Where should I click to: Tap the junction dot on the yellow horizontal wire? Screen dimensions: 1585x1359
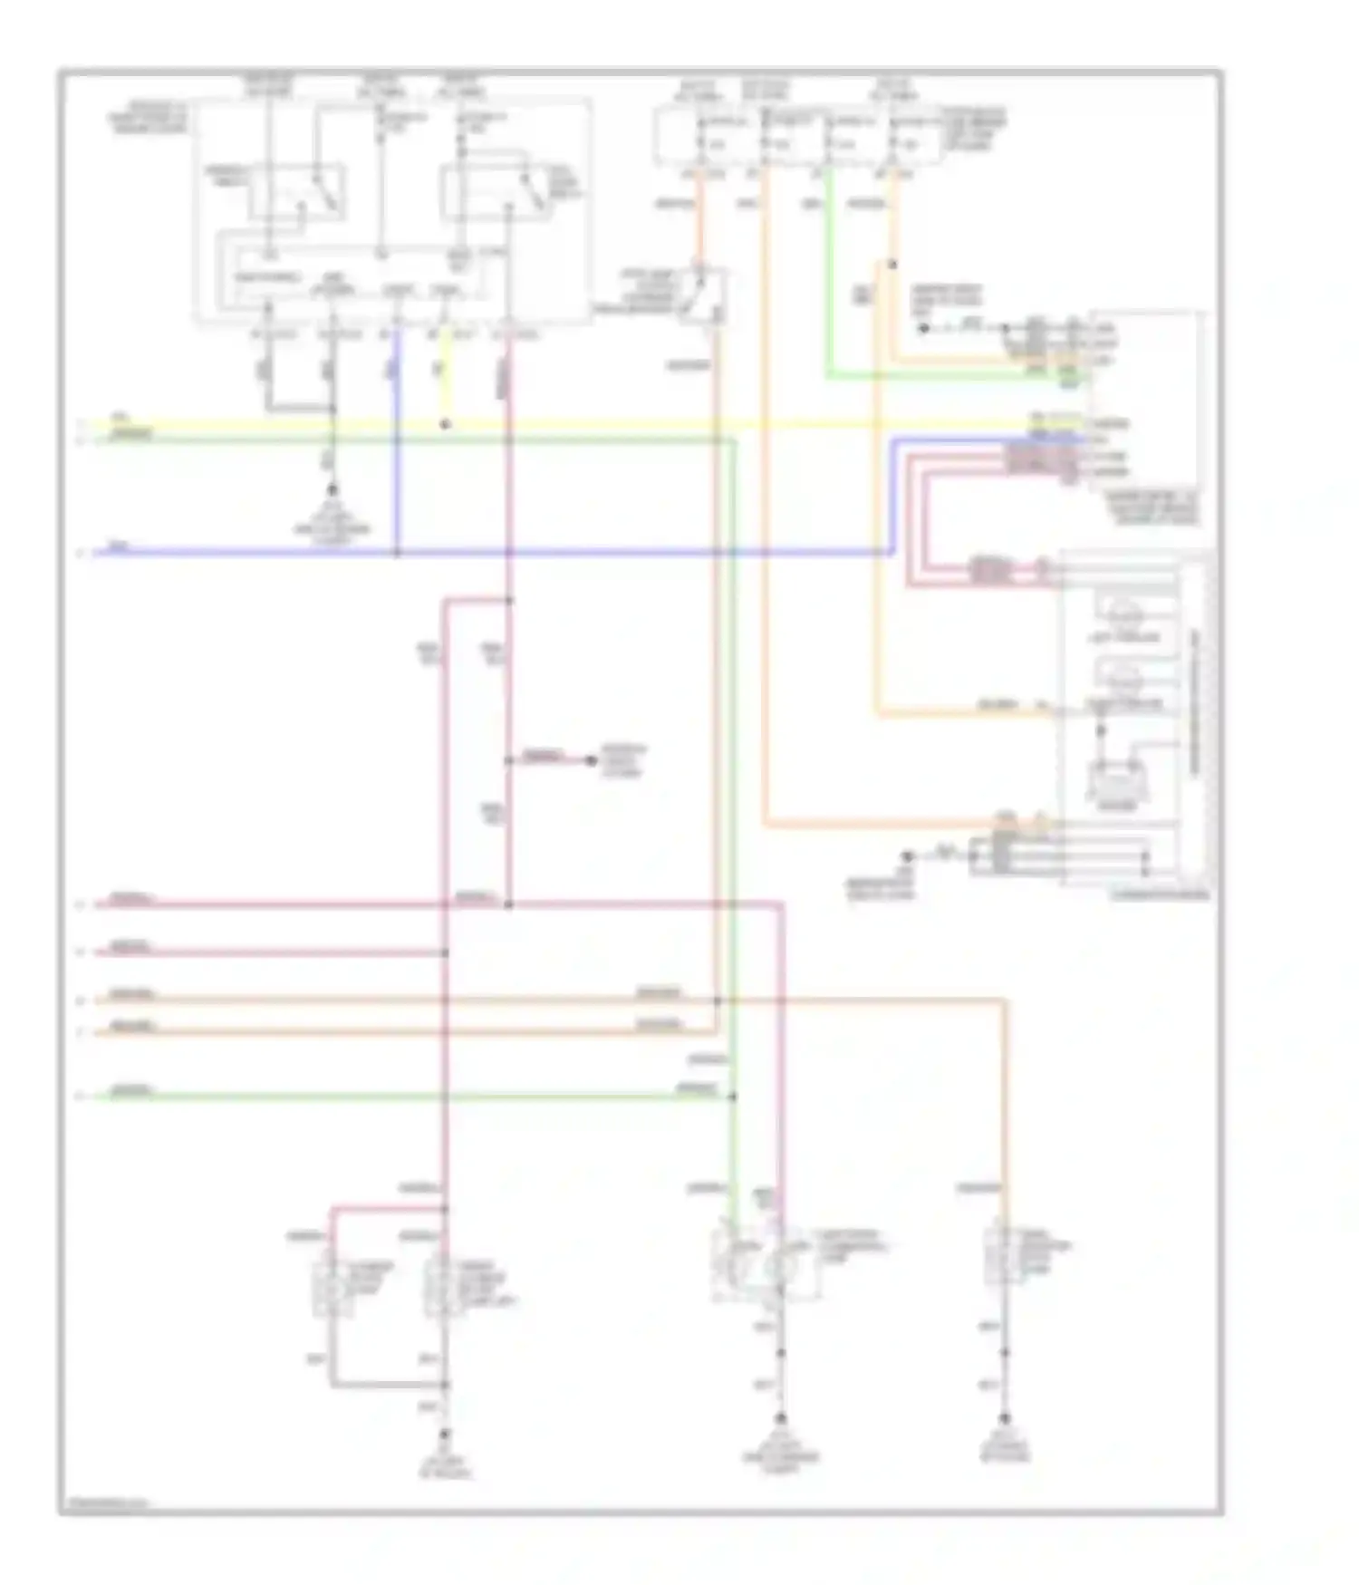click(x=445, y=424)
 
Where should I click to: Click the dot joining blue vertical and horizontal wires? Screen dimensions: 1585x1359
click(x=396, y=552)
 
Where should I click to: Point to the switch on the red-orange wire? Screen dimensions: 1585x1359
click(x=704, y=293)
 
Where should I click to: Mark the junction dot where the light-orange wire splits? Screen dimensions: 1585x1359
click(x=892, y=265)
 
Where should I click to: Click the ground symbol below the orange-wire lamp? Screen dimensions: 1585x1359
click(x=1004, y=1419)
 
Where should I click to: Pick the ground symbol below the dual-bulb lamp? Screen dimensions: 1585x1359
click(x=780, y=1419)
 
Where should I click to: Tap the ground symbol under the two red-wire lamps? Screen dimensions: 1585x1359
click(x=445, y=1435)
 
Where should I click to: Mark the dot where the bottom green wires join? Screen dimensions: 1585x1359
click(x=732, y=1097)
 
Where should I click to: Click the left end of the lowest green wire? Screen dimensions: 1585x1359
click(x=96, y=1097)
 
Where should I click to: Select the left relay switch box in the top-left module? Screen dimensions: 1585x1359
click(x=297, y=191)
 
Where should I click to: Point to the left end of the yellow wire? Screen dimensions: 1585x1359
click(x=96, y=423)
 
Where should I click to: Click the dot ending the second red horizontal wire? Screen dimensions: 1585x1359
click(x=445, y=952)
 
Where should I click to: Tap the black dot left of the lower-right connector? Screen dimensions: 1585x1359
click(x=906, y=856)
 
